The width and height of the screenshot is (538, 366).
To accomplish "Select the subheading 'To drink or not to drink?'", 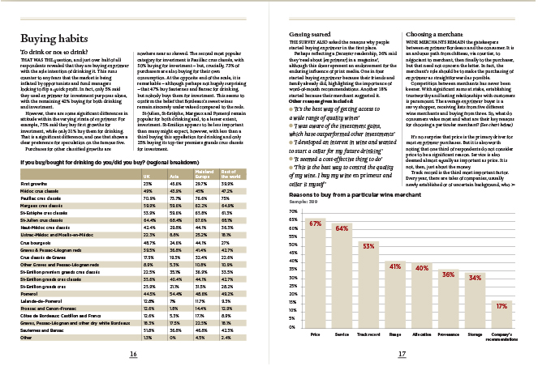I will pyautogui.click(x=55, y=53).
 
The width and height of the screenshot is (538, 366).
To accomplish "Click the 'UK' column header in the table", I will pyautogui.click(x=148, y=175).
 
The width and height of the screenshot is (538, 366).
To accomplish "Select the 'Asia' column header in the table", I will pyautogui.click(x=173, y=175).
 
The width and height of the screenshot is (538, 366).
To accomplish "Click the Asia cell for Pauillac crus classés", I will pyautogui.click(x=175, y=198).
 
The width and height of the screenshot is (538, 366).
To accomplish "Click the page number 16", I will pyautogui.click(x=132, y=354).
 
